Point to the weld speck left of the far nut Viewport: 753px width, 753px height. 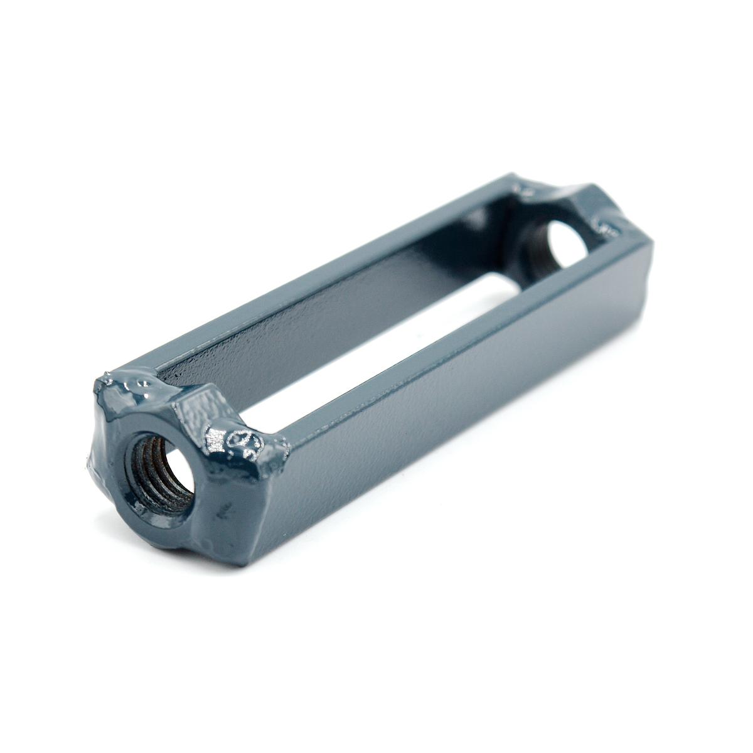point(521,186)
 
